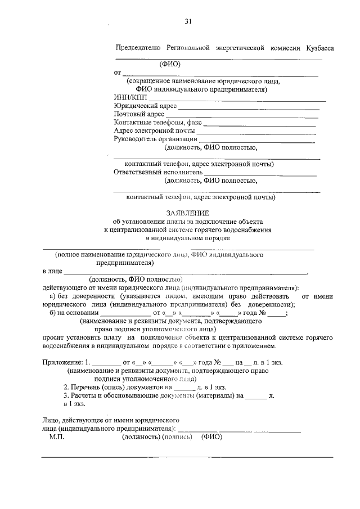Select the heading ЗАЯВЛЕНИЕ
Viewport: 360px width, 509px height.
click(188, 213)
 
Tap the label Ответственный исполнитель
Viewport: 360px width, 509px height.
click(157, 173)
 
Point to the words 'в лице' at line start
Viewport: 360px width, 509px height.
click(52, 271)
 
